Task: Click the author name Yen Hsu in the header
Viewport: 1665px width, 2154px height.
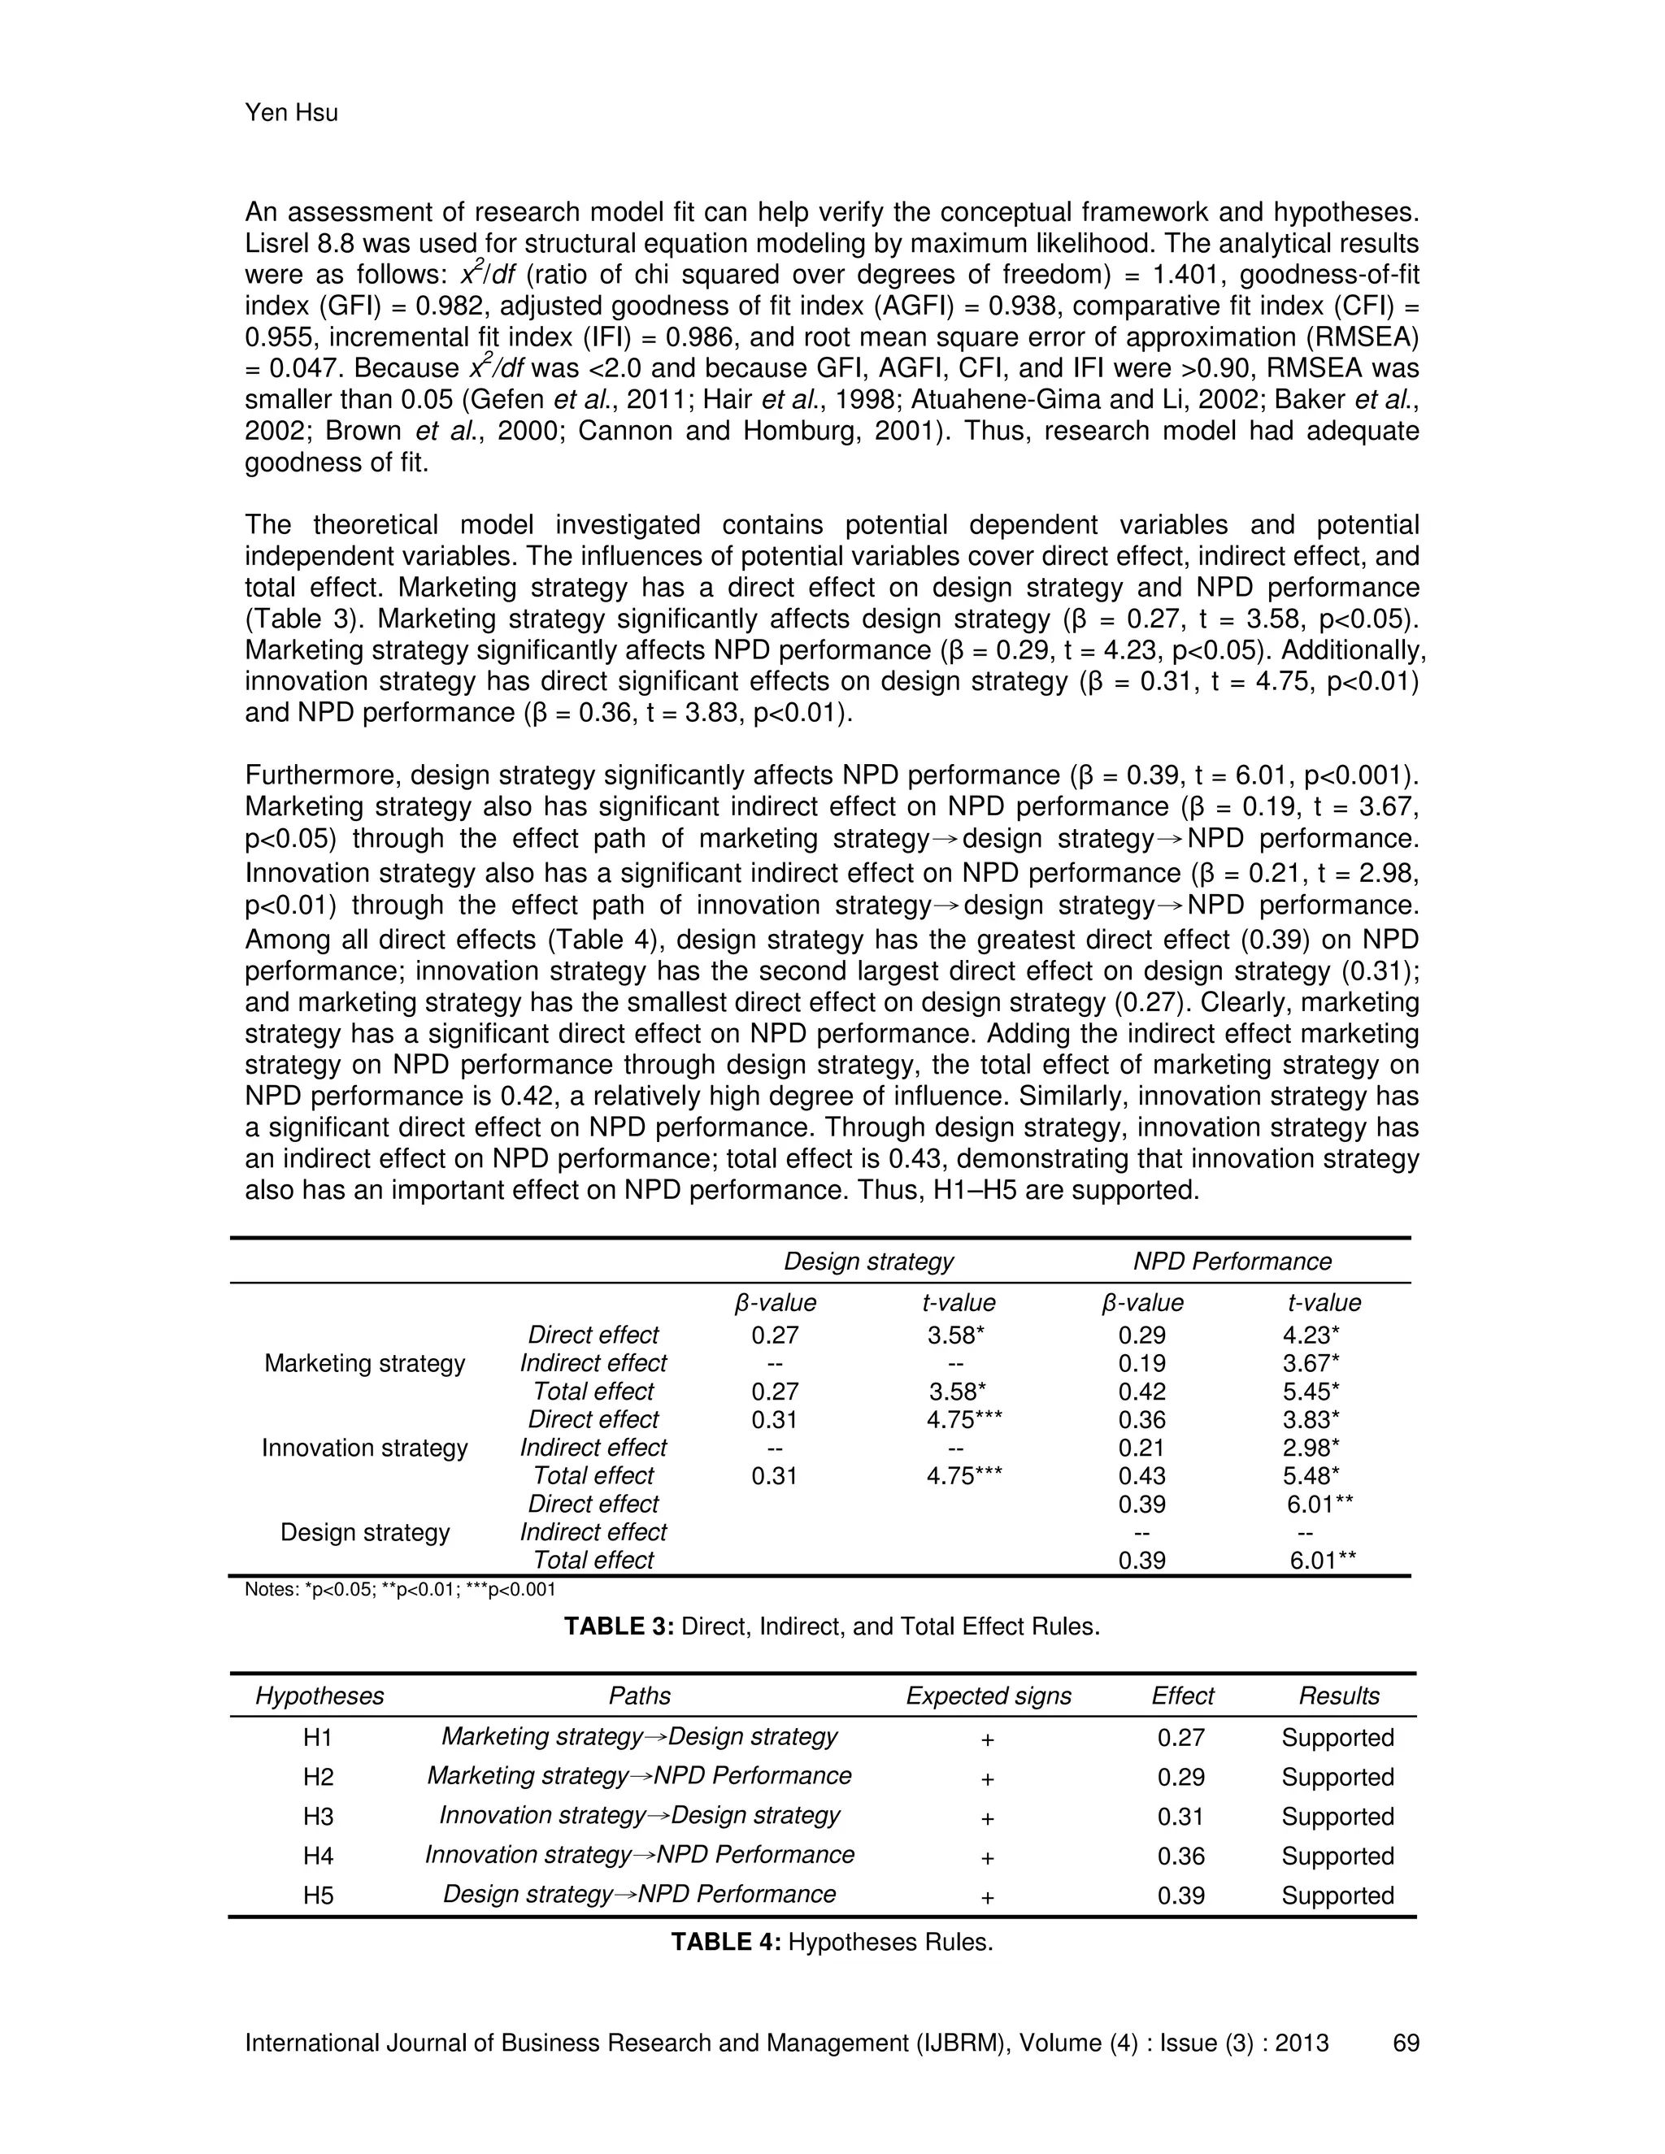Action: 291,114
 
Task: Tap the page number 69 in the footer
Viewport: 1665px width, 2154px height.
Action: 1406,2043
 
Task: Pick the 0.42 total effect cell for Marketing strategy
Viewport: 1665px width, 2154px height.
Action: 1141,1392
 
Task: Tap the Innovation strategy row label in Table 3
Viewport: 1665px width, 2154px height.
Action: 364,1448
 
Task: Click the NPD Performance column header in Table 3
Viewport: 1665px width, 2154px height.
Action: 1231,1262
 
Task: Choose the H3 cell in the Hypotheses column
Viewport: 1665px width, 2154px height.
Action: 319,1817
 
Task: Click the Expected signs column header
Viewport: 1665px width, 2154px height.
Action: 989,1696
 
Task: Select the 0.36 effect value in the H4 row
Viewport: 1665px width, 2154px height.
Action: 1180,1857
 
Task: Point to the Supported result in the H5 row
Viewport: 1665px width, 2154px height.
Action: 1337,1896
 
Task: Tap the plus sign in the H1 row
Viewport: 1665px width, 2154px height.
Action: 987,1739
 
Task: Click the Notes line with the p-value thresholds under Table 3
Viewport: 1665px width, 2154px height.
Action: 399,1590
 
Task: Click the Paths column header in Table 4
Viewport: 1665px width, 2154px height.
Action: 639,1696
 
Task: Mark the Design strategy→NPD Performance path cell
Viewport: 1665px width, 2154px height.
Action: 639,1895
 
